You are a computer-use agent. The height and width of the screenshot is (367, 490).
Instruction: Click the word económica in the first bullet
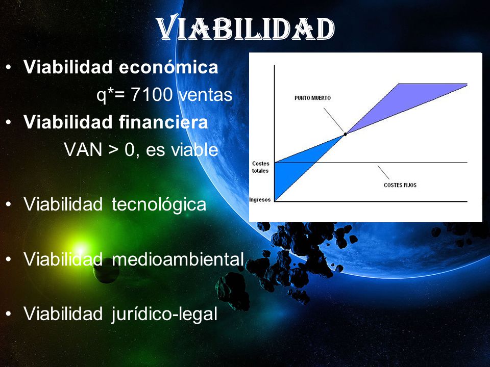coord(168,67)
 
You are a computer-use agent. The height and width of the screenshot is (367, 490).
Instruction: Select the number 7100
coord(152,94)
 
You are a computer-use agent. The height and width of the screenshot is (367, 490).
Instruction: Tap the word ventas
coord(206,95)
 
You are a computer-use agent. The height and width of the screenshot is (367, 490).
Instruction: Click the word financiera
coord(163,122)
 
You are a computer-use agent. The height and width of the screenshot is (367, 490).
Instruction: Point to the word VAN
coord(83,149)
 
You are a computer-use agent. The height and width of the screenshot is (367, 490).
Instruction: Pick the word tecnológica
coord(159,205)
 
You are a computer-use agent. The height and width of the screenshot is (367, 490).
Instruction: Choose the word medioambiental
coord(178,259)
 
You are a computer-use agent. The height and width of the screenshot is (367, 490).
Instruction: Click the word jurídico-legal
coord(164,313)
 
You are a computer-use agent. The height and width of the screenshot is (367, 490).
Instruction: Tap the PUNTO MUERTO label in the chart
coord(312,98)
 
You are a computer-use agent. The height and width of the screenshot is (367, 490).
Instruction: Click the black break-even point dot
coord(346,134)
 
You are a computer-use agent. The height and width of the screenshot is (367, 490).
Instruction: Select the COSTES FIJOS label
coord(400,185)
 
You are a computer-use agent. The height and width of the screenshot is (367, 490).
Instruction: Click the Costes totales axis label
coord(261,167)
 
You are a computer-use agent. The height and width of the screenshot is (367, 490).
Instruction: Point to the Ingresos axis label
coord(260,199)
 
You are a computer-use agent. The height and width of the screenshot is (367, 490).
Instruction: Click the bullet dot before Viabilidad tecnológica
coord(9,204)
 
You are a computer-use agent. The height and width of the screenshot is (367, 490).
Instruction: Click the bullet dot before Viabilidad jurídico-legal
coord(9,313)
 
